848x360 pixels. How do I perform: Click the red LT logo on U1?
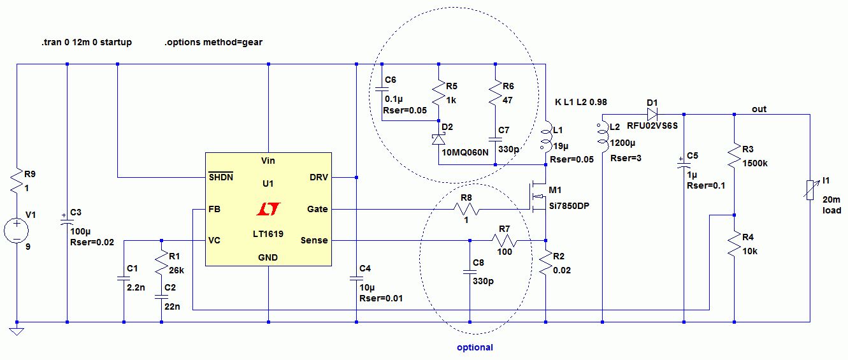point(268,209)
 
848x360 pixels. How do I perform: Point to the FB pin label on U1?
point(215,209)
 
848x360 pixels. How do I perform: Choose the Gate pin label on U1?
point(317,209)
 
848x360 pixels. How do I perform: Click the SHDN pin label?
point(221,177)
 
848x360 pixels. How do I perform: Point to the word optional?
point(475,347)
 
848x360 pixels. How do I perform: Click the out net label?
point(759,109)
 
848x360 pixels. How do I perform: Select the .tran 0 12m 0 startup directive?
point(86,43)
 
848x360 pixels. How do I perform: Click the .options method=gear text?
point(213,43)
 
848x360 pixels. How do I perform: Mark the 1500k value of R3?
point(755,163)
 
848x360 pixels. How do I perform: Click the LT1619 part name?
point(268,234)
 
